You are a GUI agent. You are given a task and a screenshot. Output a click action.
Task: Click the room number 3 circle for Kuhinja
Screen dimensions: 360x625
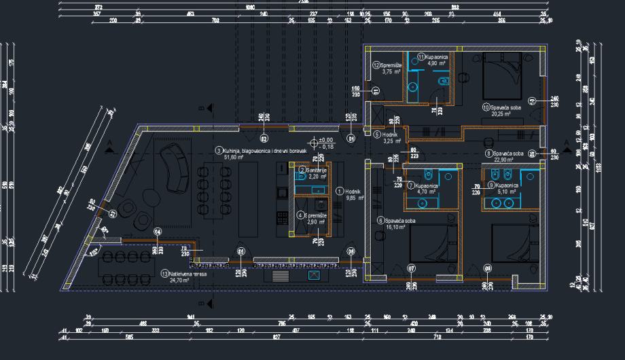tap(218, 150)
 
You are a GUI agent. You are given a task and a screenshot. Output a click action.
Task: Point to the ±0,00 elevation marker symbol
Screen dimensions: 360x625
tap(313, 143)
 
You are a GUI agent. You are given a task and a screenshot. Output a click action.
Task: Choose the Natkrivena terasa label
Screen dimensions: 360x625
tap(187, 274)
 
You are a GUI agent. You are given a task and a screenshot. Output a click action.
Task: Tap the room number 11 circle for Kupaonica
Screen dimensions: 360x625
tap(421, 56)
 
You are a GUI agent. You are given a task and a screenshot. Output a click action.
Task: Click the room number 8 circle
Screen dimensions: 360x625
tap(488, 154)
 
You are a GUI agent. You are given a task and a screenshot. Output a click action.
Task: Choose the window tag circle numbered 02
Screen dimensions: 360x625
tap(264, 139)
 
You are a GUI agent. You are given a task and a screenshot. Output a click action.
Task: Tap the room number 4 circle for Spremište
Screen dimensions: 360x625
tap(301, 215)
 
